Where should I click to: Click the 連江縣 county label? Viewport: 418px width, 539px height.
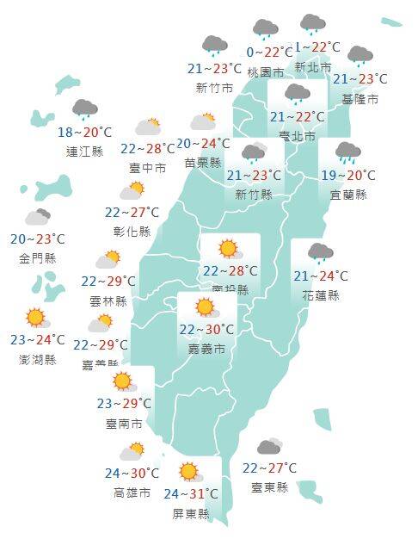click(x=83, y=152)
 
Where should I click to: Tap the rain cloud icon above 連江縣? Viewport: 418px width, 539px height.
click(x=84, y=109)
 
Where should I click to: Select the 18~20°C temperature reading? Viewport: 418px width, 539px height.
click(x=84, y=133)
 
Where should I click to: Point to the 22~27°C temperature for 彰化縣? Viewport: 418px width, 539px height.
click(x=132, y=213)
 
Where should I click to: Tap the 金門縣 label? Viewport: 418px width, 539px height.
click(x=38, y=257)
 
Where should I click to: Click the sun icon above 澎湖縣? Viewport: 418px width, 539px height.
click(x=35, y=318)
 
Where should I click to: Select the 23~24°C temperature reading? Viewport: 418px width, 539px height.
click(x=38, y=339)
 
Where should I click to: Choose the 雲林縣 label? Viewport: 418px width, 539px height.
click(x=108, y=300)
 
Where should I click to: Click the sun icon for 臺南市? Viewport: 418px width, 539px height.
click(x=122, y=381)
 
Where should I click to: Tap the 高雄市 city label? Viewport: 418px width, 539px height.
click(x=132, y=493)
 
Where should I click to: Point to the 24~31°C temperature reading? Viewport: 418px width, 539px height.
click(x=190, y=494)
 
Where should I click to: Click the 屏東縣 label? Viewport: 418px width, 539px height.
click(x=190, y=513)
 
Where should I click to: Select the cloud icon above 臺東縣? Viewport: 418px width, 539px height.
click(x=269, y=447)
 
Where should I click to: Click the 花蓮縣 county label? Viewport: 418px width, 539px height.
click(x=321, y=295)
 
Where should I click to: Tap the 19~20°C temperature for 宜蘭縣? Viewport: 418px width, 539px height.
click(x=347, y=176)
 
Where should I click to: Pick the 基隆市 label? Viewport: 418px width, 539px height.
click(x=360, y=99)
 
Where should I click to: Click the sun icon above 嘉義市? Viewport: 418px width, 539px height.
click(x=205, y=307)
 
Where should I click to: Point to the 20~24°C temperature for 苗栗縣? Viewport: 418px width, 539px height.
click(x=203, y=144)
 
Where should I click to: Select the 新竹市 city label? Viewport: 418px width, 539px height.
click(x=213, y=88)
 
